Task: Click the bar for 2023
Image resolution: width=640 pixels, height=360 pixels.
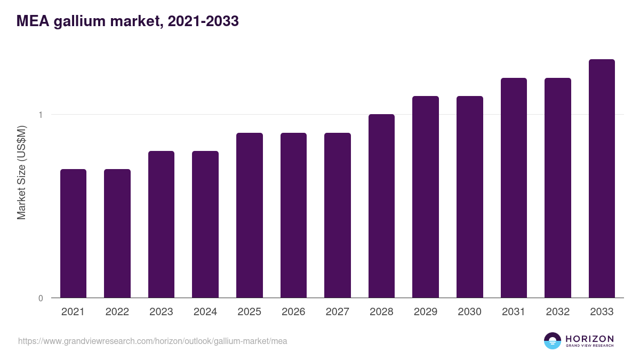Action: (x=161, y=225)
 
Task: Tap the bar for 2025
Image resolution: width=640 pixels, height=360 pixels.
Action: (x=249, y=215)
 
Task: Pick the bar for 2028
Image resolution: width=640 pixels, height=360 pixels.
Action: (x=381, y=206)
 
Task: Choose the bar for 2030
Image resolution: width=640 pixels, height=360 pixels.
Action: (x=469, y=197)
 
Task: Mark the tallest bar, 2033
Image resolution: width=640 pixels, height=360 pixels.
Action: (x=602, y=179)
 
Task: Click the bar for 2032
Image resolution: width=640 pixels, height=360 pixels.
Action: (x=557, y=188)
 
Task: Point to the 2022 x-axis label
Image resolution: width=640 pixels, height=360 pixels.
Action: (x=117, y=312)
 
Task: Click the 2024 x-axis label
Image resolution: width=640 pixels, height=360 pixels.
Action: (x=205, y=312)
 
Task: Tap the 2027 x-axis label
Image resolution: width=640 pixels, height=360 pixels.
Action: (x=337, y=312)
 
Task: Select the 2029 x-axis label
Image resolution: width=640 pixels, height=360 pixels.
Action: (x=425, y=312)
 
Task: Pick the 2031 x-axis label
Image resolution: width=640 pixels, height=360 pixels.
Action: (x=513, y=312)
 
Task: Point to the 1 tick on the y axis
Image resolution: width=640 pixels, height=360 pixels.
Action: (x=41, y=115)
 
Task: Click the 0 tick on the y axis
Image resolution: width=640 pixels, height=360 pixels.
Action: (x=41, y=298)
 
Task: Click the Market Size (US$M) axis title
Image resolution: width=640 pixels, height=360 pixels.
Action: (x=21, y=172)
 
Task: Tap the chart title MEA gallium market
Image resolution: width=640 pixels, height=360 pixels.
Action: (x=127, y=21)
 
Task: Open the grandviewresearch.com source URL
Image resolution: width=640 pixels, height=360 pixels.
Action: (x=153, y=341)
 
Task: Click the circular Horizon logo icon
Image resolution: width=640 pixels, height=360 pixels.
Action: (x=553, y=341)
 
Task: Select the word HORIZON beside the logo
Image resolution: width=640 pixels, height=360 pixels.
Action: (x=589, y=339)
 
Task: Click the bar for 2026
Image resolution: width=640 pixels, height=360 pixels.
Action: (x=293, y=215)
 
